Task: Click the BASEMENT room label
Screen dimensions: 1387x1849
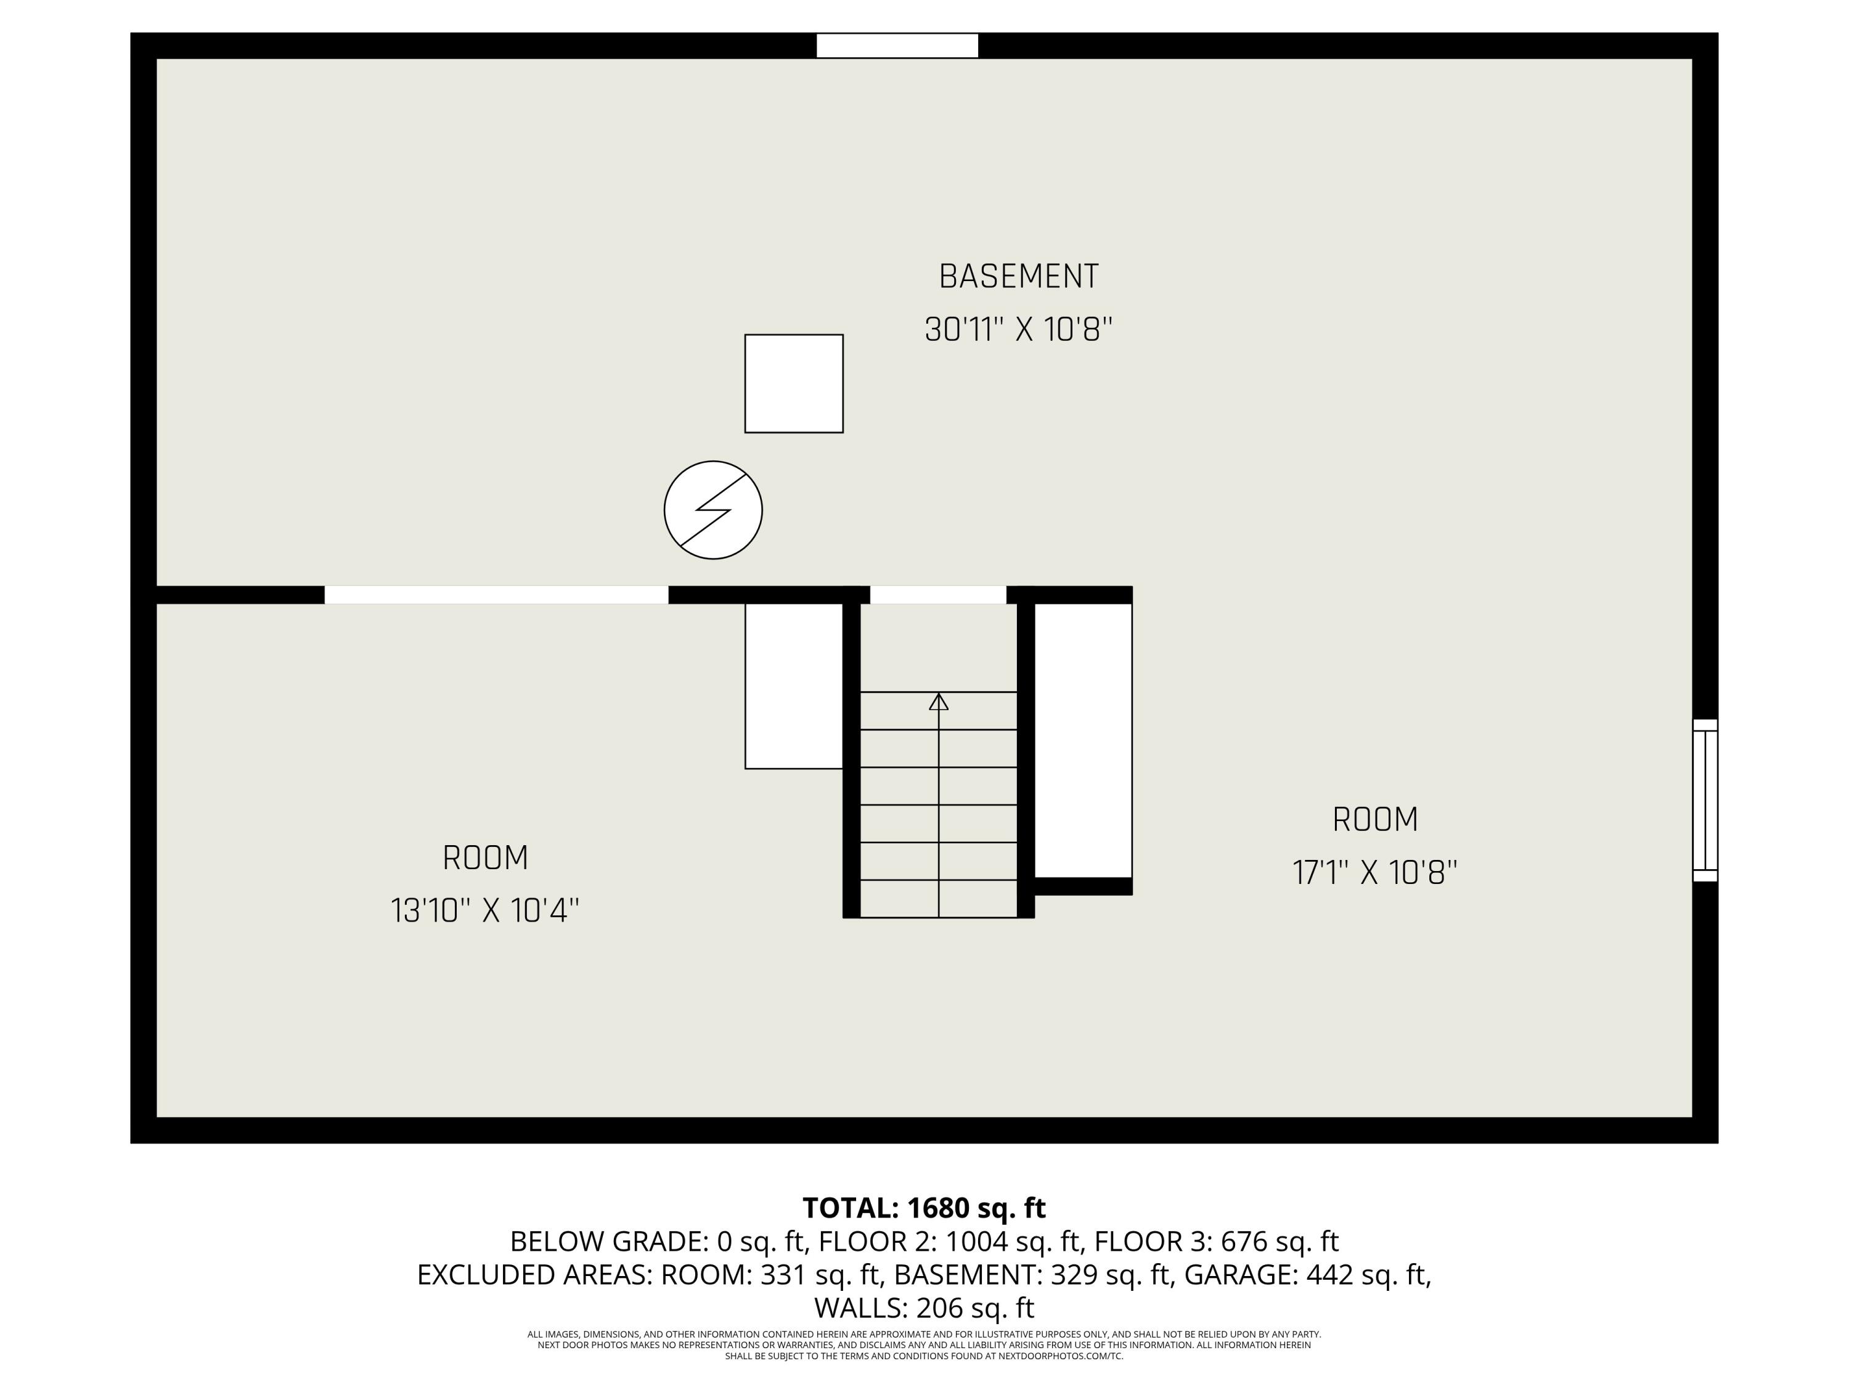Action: [x=1018, y=277]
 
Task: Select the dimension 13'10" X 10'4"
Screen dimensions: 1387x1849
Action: [x=485, y=910]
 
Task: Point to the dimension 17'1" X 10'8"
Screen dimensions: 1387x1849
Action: [x=1375, y=873]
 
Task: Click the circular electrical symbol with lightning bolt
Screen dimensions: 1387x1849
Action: [x=713, y=510]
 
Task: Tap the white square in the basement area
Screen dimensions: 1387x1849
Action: [x=793, y=384]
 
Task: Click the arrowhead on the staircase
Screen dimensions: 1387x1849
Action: [x=939, y=702]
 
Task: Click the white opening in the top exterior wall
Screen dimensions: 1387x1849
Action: [x=897, y=45]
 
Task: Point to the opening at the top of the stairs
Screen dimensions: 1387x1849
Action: [x=938, y=594]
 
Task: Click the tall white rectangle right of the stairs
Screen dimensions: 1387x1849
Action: [x=1084, y=740]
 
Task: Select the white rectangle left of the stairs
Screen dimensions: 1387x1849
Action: [x=793, y=685]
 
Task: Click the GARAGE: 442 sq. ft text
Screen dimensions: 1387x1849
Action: [x=1307, y=1274]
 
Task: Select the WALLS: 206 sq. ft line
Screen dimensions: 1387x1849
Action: [x=924, y=1307]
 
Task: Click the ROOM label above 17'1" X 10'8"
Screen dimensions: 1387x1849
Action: [x=1375, y=819]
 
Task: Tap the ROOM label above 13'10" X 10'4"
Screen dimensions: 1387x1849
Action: [x=485, y=858]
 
